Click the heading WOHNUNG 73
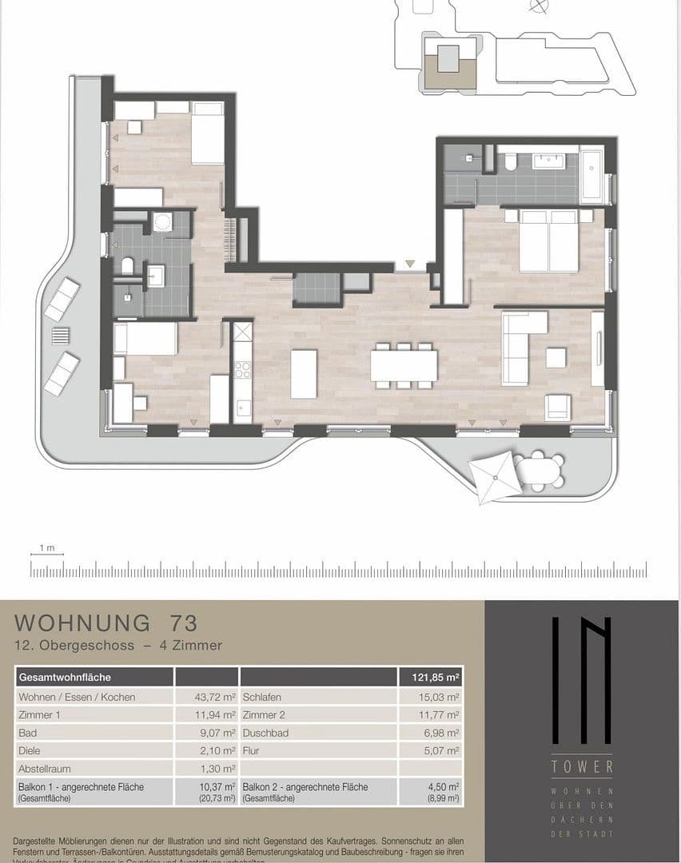point(106,622)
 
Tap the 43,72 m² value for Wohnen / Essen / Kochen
point(214,697)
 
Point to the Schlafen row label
point(262,697)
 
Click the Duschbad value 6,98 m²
point(441,733)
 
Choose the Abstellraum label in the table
point(45,769)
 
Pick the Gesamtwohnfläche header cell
point(65,678)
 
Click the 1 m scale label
point(46,548)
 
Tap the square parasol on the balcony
point(493,477)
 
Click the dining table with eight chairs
point(404,366)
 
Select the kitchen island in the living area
point(304,373)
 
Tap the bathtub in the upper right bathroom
point(592,174)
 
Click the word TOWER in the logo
point(582,767)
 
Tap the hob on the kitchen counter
point(242,370)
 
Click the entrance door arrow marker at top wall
point(410,264)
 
